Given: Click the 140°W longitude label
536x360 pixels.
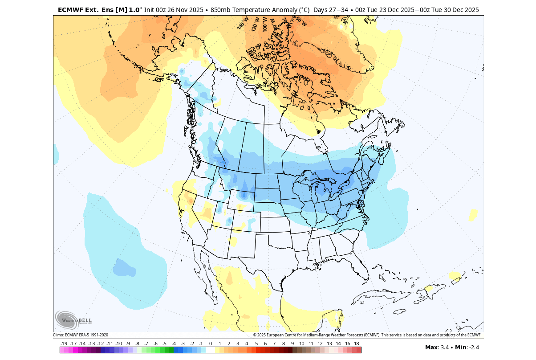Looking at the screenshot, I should pos(242,24).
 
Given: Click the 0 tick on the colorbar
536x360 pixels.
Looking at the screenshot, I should pos(210,344).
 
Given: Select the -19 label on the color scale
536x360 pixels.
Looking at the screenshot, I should pos(64,344).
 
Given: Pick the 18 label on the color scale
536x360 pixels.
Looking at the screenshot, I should pos(357,344).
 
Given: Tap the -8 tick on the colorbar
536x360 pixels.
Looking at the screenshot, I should pos(137,344).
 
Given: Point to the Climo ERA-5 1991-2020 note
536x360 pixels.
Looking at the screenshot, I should pos(81,335).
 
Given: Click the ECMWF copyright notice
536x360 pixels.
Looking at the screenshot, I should pos(367,335).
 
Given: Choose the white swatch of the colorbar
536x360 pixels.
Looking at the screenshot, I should pos(210,350).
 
